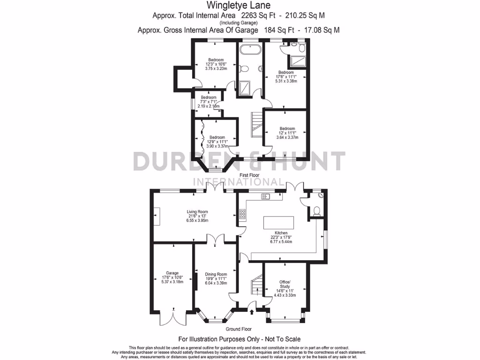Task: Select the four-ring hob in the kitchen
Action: tap(243, 215)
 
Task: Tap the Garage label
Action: tap(172, 273)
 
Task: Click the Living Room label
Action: tap(197, 211)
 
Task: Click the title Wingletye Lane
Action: tap(240, 6)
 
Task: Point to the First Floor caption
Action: tap(249, 175)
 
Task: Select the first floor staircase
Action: tap(256, 124)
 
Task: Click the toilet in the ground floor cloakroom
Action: tap(316, 210)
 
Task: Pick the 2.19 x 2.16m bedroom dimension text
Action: tap(209, 106)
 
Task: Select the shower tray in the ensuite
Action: tap(297, 61)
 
